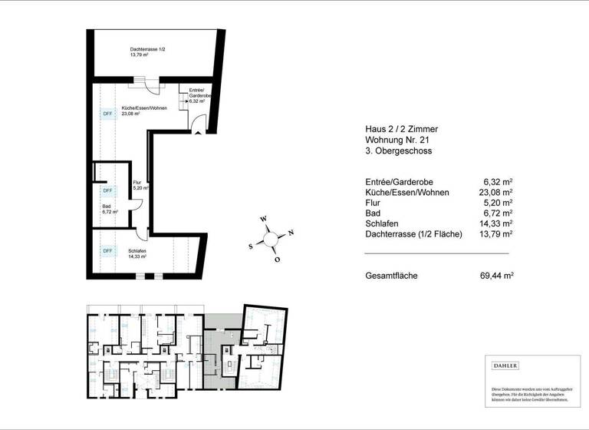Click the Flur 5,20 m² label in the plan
[140, 185]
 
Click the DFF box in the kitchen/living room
[107, 114]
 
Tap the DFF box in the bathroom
[107, 190]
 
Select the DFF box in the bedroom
[107, 250]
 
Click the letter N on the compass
[291, 233]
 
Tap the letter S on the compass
[251, 246]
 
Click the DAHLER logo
[506, 365]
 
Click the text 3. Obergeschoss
[399, 151]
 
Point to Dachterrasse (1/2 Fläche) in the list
[414, 233]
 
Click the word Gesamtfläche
[391, 275]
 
